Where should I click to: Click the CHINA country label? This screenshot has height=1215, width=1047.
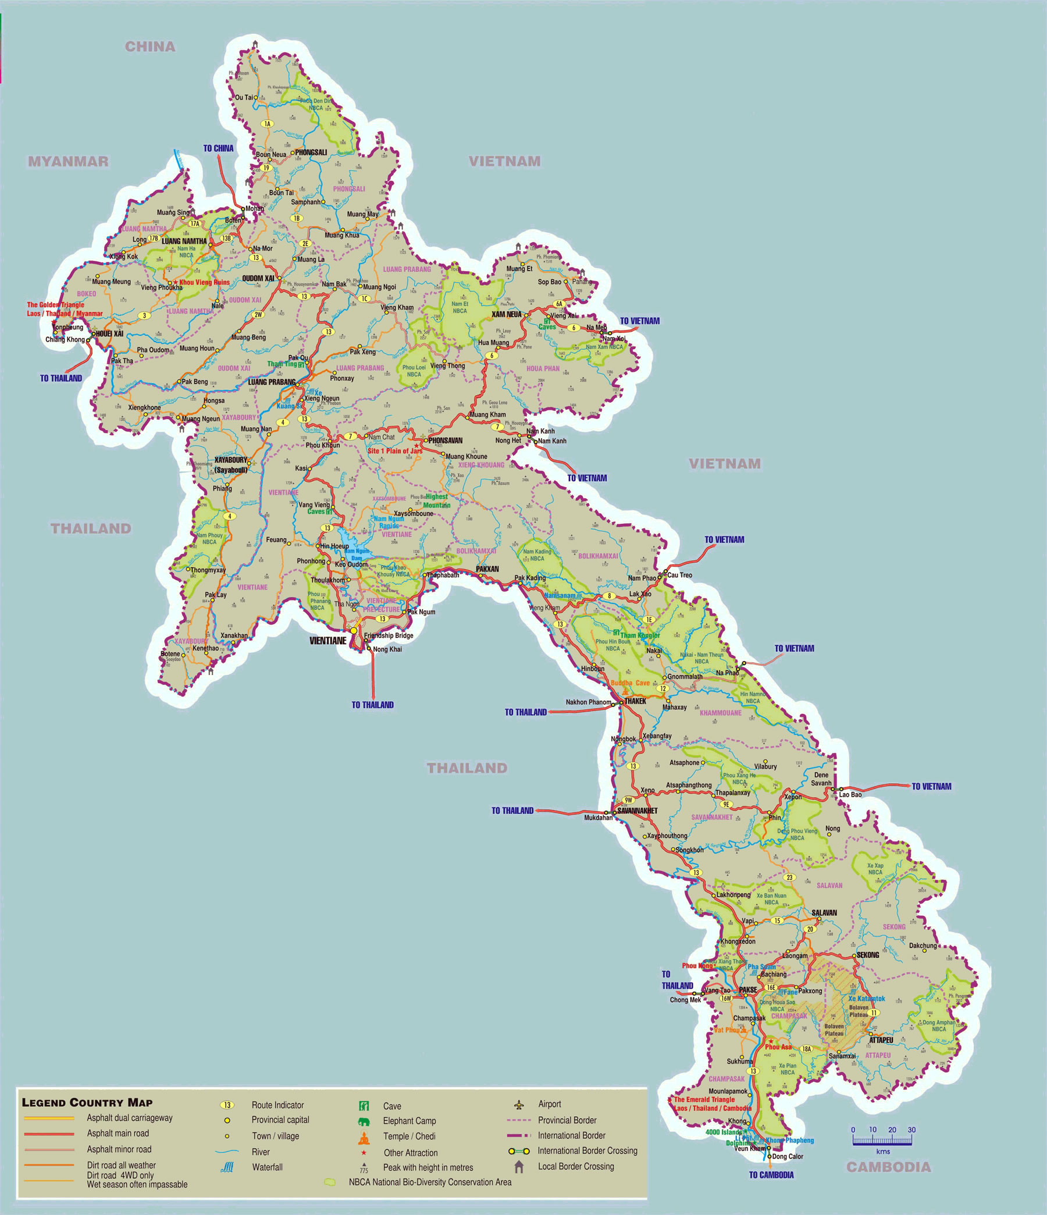(x=150, y=47)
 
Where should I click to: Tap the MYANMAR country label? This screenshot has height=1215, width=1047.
(x=69, y=161)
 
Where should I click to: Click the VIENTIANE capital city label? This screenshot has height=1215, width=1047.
(x=327, y=641)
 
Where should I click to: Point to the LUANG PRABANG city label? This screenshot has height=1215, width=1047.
(x=272, y=382)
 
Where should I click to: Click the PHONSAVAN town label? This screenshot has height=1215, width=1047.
(x=445, y=440)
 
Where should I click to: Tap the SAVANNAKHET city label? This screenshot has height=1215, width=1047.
(x=638, y=811)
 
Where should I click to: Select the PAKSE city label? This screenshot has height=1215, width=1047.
(x=747, y=990)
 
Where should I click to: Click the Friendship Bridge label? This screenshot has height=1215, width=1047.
(x=388, y=635)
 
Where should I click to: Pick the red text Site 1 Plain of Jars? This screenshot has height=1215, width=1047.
(x=394, y=451)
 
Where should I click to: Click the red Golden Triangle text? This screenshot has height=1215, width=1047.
(x=56, y=305)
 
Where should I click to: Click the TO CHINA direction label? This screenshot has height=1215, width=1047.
(x=218, y=148)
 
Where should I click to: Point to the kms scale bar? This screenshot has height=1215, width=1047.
(x=882, y=1141)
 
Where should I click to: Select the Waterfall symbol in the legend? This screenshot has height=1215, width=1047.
(x=226, y=1167)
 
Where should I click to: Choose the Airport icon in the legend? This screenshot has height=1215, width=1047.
(x=518, y=1105)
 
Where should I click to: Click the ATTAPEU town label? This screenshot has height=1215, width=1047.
(x=881, y=1040)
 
